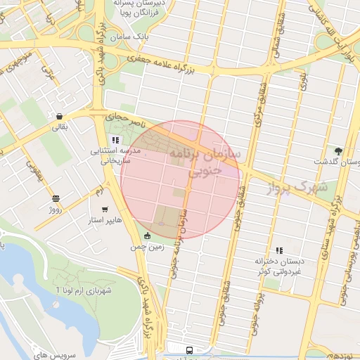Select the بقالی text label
coord(59,127)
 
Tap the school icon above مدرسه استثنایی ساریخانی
coord(115,140)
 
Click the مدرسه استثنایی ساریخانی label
coord(114,155)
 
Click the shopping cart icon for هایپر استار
coord(105,209)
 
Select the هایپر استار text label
coord(104,220)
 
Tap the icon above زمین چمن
coord(146,236)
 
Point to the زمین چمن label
coord(147,247)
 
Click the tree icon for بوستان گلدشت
coord(338,150)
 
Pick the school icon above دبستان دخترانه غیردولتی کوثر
coord(279,250)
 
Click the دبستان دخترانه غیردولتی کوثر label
coord(277,266)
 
